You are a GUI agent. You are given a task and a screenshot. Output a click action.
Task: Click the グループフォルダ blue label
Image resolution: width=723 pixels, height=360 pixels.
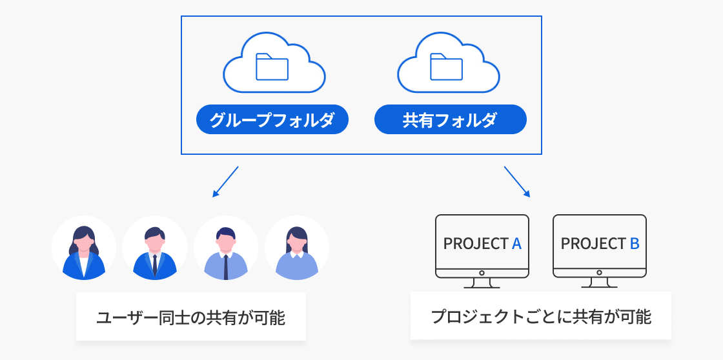tap(272, 119)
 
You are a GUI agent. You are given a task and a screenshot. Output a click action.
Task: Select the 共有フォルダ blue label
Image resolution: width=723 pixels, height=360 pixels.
tap(451, 119)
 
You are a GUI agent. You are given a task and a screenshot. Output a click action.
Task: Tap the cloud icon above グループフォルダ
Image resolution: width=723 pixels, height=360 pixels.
tap(274, 64)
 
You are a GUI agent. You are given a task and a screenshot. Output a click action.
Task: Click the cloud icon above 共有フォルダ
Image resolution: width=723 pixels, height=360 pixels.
tap(449, 64)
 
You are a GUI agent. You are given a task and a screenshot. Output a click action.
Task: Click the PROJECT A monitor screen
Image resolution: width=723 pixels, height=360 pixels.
tap(482, 244)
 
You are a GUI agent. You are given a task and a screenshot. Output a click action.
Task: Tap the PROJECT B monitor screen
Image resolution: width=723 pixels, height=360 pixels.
tap(600, 244)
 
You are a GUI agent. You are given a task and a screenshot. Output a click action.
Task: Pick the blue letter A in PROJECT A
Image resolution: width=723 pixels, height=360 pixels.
tap(516, 244)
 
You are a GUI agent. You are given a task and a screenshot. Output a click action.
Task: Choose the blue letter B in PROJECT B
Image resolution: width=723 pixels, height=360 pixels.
tap(634, 244)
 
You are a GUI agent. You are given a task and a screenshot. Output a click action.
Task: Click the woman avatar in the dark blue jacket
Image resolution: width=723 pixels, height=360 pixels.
tap(84, 248)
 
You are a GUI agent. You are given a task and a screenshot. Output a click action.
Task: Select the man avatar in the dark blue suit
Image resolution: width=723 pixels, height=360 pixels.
tap(155, 248)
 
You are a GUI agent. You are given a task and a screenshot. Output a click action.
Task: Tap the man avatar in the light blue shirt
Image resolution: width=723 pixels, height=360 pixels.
tap(226, 248)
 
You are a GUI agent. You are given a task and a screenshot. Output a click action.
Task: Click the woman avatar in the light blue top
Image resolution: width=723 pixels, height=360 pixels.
tap(297, 248)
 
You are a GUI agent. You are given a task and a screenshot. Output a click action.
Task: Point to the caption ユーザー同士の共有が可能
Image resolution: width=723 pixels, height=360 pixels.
tap(190, 317)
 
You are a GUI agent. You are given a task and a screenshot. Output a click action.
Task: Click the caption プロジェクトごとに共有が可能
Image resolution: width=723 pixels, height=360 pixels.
tap(541, 317)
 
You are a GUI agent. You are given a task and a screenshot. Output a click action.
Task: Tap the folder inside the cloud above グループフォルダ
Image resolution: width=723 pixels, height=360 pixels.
tap(273, 66)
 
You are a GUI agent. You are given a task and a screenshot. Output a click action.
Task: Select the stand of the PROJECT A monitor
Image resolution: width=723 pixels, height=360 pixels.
tap(482, 283)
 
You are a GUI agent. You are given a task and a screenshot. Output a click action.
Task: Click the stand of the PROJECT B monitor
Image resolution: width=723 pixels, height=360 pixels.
tap(600, 283)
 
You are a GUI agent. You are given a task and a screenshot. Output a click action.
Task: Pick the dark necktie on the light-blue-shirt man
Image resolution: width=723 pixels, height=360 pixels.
tap(226, 266)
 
